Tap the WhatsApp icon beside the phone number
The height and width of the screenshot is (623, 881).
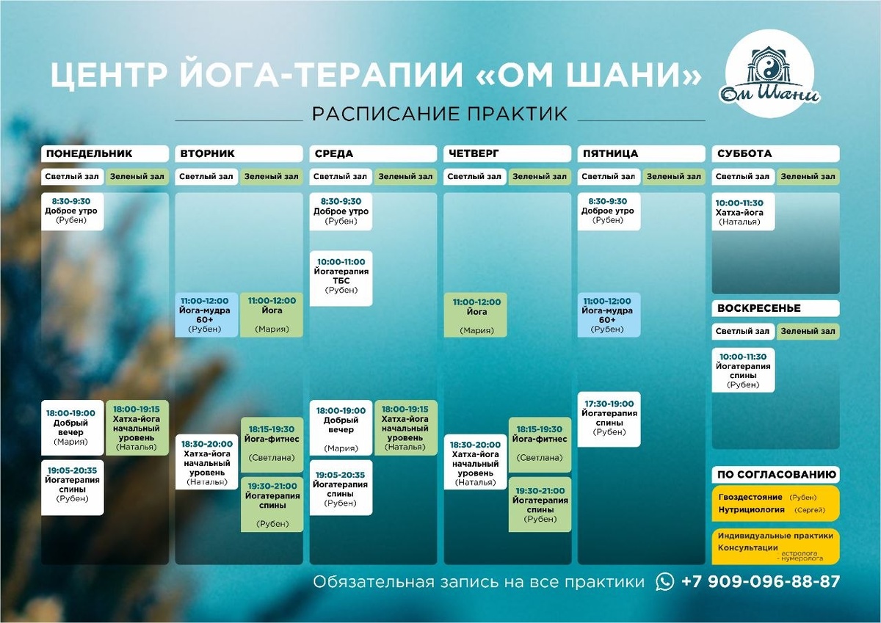click(665, 581)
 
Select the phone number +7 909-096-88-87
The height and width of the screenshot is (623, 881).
click(760, 581)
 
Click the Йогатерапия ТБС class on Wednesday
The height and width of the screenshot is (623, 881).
click(341, 277)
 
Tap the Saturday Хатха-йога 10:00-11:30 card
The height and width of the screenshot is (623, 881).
click(743, 212)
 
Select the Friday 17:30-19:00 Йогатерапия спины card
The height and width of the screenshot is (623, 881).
click(609, 418)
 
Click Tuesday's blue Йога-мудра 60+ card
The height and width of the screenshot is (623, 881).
click(206, 315)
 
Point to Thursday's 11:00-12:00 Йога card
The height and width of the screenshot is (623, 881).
click(475, 316)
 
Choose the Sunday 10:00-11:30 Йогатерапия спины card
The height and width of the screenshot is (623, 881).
click(743, 370)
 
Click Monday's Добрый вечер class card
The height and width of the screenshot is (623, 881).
click(72, 427)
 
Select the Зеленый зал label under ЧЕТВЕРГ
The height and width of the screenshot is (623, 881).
click(540, 176)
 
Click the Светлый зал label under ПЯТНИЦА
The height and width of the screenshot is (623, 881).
click(608, 176)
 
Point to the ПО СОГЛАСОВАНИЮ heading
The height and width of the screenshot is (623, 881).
click(775, 474)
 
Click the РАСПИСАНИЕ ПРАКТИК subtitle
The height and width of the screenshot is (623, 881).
click(440, 114)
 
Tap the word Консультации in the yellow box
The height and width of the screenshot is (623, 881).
click(748, 547)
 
